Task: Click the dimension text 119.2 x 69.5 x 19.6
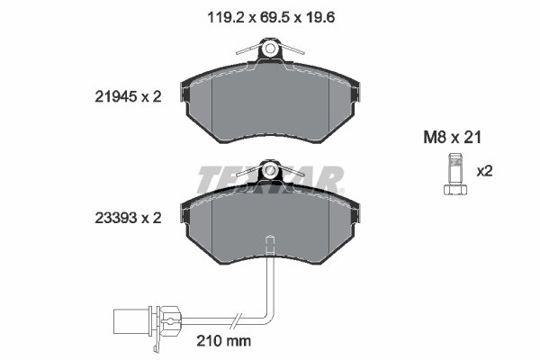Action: tap(269, 15)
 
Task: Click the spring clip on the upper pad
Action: tap(269, 50)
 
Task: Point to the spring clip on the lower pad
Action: tap(269, 170)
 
